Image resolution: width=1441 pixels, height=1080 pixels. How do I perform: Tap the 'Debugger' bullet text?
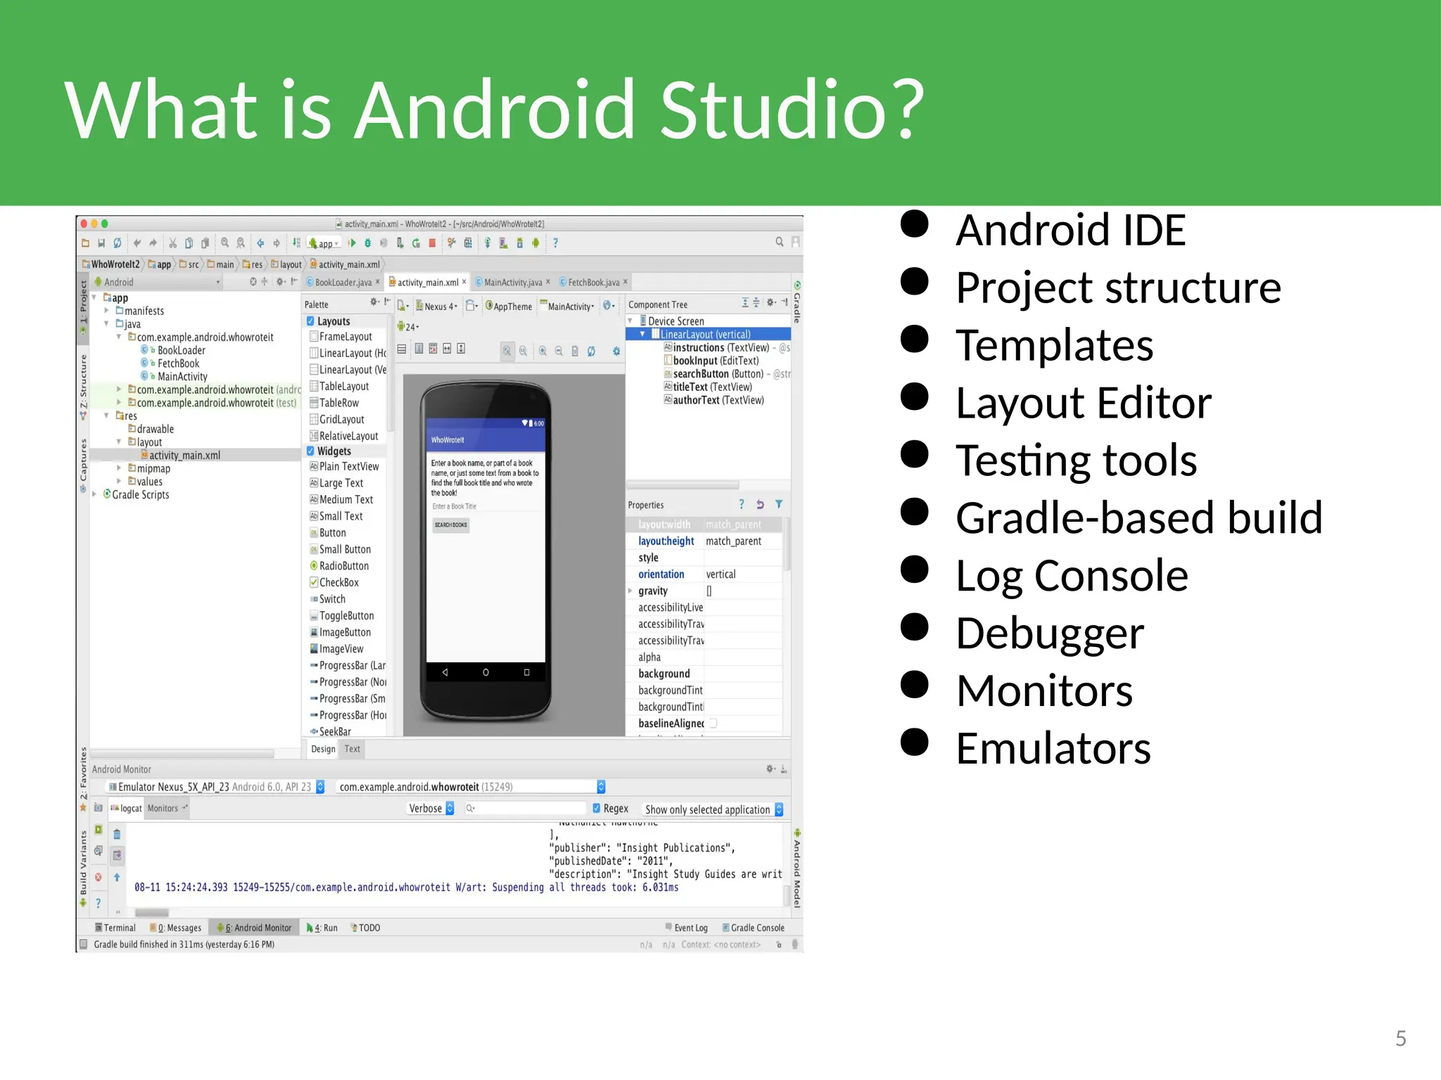point(1049,634)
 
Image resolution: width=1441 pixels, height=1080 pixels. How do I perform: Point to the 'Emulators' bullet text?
point(1053,748)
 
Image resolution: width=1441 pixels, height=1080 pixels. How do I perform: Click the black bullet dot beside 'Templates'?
point(915,340)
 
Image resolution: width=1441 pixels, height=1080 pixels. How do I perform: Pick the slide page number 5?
point(1400,1039)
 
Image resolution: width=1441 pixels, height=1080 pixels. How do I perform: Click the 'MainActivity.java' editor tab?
point(512,283)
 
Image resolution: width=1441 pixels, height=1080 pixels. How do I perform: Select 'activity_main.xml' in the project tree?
point(184,456)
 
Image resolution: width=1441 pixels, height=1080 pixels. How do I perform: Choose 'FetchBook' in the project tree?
point(178,364)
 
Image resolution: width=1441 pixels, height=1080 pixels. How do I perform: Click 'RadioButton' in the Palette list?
point(343,566)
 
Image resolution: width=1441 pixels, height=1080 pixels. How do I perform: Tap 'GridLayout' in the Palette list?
point(341,420)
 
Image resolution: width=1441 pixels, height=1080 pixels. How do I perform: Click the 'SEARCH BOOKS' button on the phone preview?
point(451,525)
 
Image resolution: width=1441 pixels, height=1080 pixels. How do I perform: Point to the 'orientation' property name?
point(661,574)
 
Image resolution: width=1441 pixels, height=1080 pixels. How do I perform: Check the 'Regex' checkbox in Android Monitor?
point(597,809)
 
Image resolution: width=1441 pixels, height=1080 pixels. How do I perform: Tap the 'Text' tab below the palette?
point(353,750)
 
